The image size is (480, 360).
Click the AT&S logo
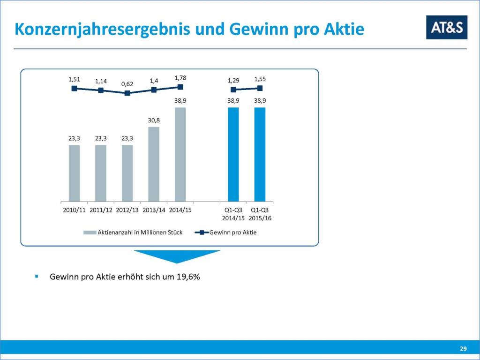pos(446,27)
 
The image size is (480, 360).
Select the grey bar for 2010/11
pos(74,173)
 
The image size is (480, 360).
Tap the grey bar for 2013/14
pos(154,164)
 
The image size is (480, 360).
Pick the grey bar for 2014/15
pos(180,154)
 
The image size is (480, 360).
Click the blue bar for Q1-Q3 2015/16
pos(260,154)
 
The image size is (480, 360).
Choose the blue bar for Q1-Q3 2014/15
pos(233,154)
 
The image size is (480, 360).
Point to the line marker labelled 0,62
pos(127,93)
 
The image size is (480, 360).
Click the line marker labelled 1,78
pos(180,87)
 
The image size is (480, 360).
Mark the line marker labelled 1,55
pos(260,88)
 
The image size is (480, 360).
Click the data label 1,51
pos(74,79)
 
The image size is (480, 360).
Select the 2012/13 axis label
pos(127,210)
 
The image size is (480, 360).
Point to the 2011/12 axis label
pos(101,210)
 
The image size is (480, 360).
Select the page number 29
pos(463,349)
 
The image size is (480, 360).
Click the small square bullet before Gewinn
pos(36,277)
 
